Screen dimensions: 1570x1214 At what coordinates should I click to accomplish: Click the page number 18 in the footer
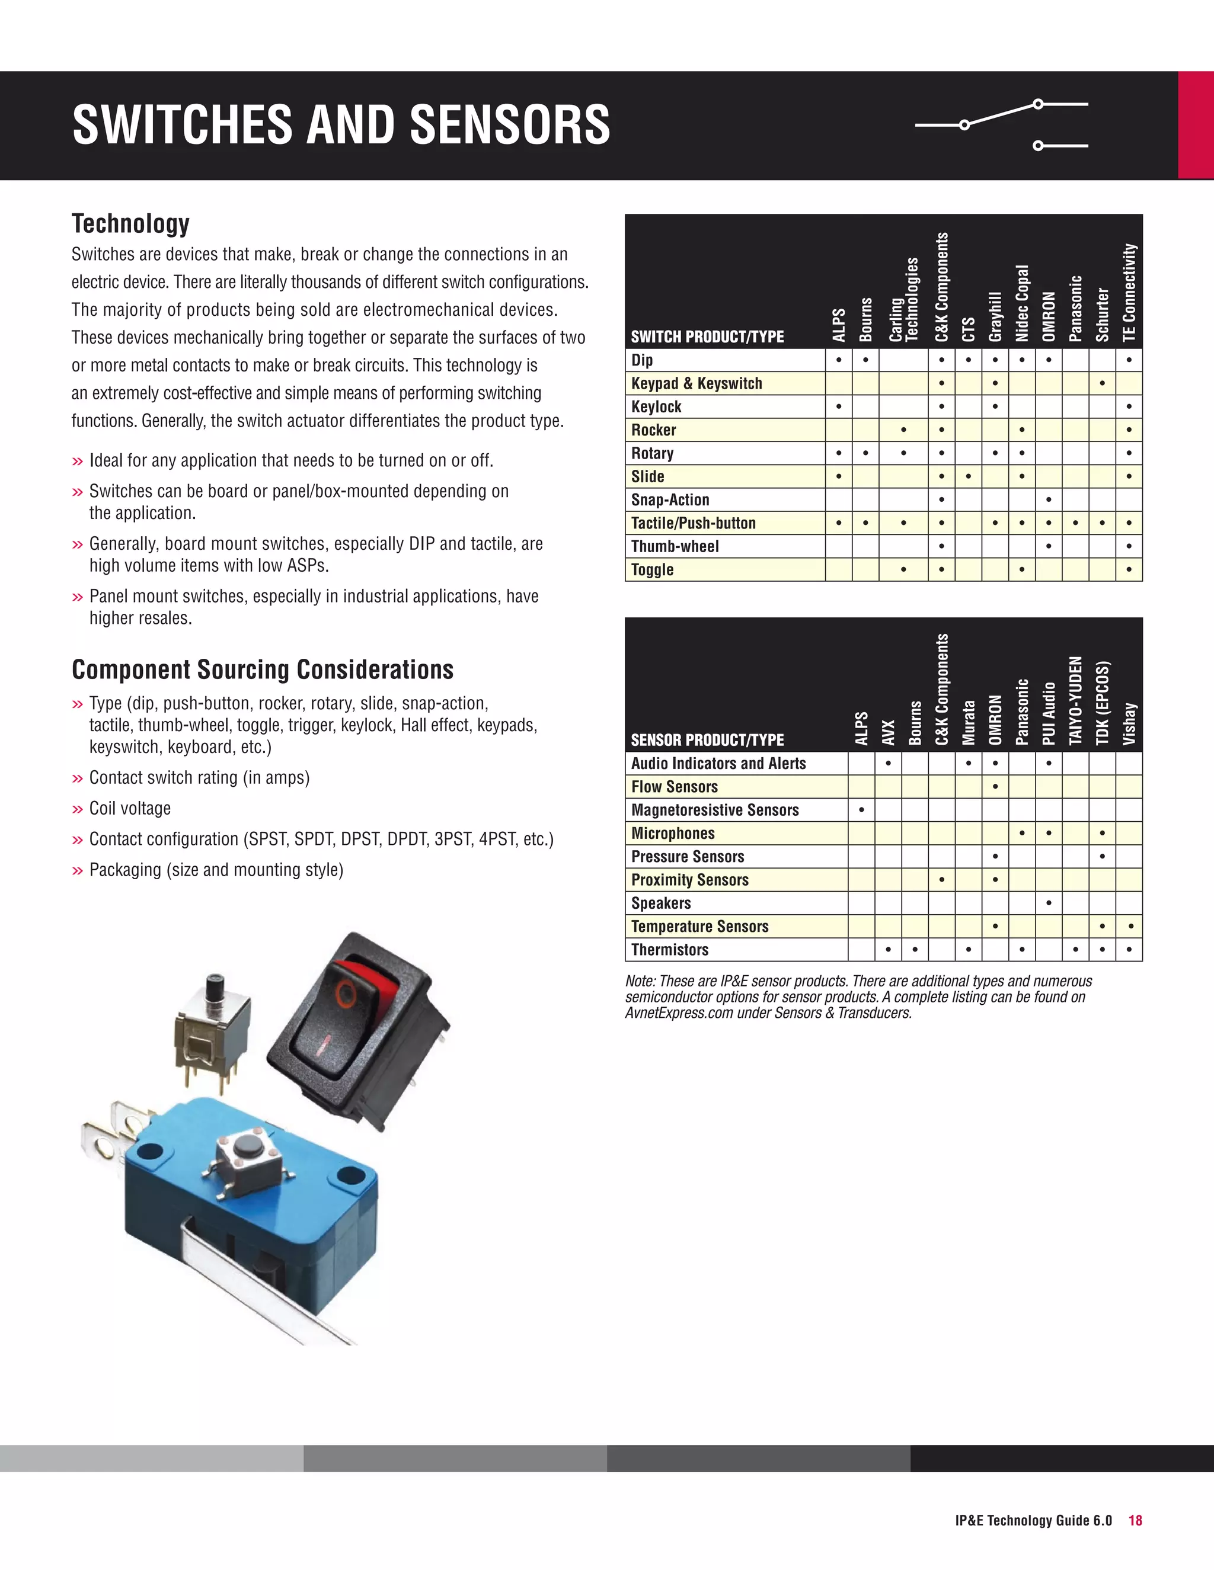[x=1135, y=1520]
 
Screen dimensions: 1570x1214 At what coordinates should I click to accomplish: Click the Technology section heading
[x=130, y=223]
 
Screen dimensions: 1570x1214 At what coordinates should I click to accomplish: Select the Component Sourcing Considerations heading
[x=263, y=669]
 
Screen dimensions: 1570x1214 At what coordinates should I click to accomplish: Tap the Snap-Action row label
[x=670, y=499]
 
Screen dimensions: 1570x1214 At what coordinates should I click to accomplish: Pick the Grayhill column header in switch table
[x=995, y=316]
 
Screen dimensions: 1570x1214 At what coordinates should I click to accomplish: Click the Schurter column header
[x=1102, y=314]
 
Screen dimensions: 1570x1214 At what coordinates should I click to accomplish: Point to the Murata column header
[x=969, y=722]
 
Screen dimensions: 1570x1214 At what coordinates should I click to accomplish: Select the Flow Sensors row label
[x=674, y=786]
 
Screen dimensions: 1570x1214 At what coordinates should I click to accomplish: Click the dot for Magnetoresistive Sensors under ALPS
[x=861, y=810]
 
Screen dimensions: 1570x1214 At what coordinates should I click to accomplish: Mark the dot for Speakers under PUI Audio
[x=1049, y=903]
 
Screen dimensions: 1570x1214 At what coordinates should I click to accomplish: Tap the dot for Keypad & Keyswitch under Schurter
[x=1102, y=383]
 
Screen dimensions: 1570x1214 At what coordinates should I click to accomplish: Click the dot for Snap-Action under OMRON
[x=1049, y=499]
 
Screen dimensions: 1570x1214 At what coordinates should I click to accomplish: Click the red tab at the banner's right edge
[x=1195, y=125]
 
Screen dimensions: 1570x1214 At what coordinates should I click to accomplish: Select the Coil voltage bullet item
[x=129, y=808]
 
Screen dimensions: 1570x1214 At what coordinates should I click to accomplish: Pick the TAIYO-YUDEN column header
[x=1075, y=700]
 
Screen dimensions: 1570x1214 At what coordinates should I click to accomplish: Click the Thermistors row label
[x=670, y=950]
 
